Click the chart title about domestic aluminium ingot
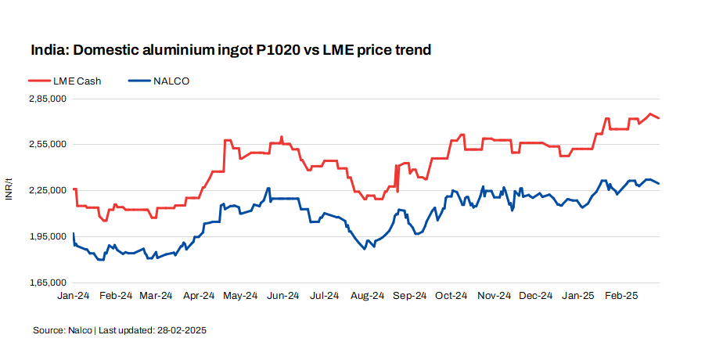(x=231, y=50)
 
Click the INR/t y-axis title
(x=9, y=189)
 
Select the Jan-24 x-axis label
(x=73, y=296)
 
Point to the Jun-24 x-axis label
(x=283, y=296)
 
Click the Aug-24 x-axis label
(x=367, y=296)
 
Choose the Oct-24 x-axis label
(x=451, y=296)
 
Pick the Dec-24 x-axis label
(x=536, y=296)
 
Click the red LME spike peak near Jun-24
(x=282, y=136)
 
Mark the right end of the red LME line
(x=660, y=118)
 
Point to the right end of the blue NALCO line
(x=660, y=184)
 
